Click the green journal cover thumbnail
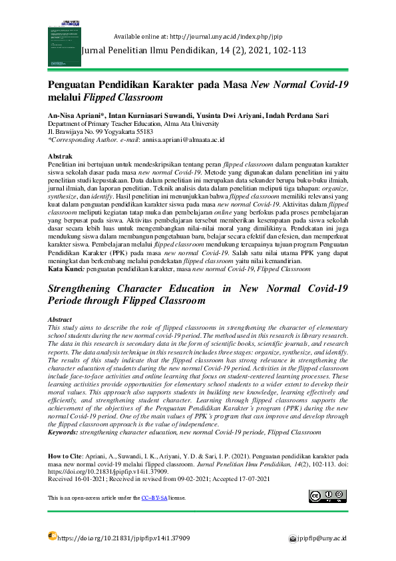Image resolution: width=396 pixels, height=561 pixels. coord(63,37)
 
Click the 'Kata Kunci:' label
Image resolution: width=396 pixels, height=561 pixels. coord(65,269)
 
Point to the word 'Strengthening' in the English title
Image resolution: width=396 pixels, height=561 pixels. coord(91,289)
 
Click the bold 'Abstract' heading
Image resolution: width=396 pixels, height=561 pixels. coord(61,320)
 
